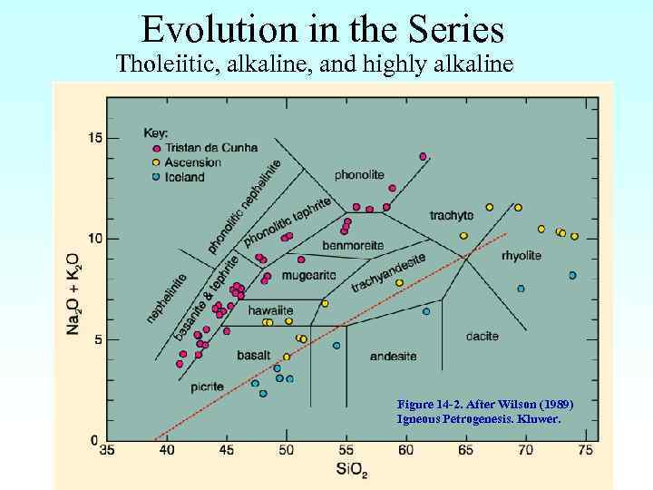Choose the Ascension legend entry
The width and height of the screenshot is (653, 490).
point(192,162)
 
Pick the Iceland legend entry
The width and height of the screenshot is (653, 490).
point(186,177)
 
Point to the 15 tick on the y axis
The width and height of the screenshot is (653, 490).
point(94,138)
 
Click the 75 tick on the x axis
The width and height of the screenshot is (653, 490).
point(587,450)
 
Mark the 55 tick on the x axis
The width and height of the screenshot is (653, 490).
point(346,450)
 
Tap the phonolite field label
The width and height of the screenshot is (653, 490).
point(359,174)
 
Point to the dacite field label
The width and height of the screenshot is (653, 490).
point(482,337)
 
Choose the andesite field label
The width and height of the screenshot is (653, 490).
point(393,357)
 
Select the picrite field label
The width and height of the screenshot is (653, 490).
point(207,387)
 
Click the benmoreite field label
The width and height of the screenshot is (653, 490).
point(353,246)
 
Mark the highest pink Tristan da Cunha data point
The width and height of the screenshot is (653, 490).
point(423,156)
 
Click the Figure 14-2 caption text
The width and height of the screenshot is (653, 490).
point(484,411)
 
